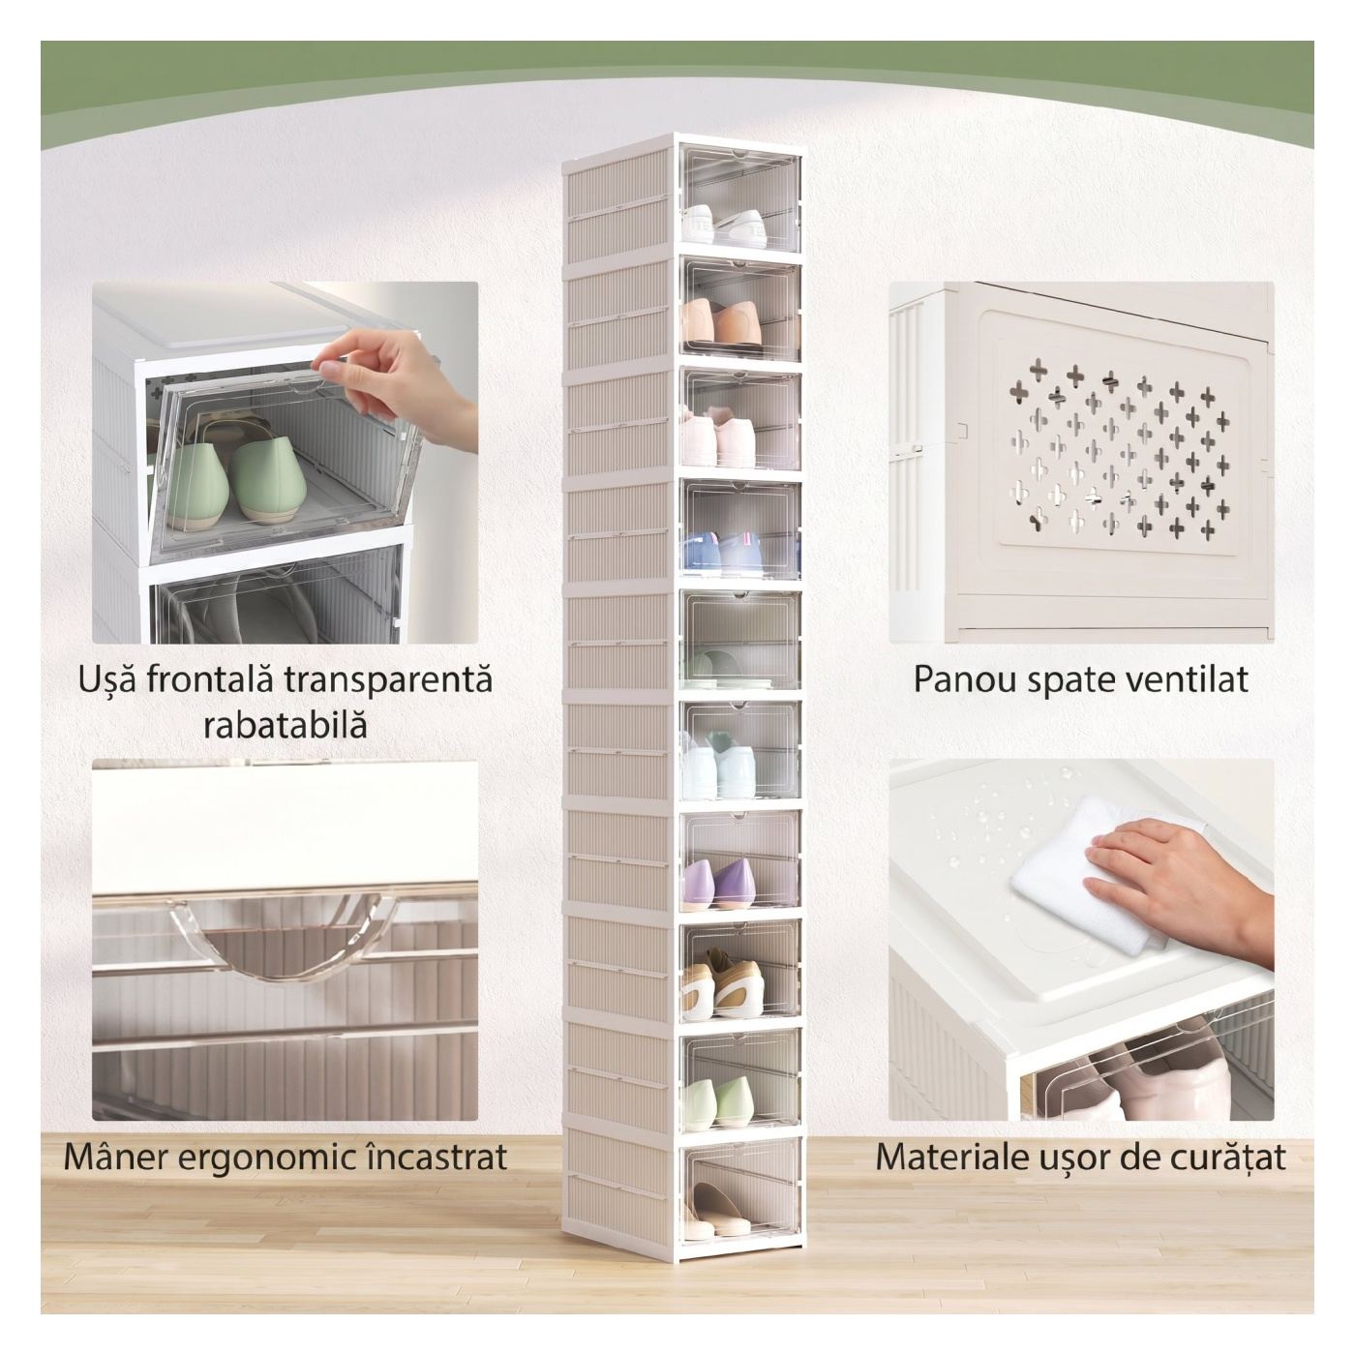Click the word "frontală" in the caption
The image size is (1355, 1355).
pyautogui.click(x=207, y=680)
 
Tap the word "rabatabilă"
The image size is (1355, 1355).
pyautogui.click(x=286, y=724)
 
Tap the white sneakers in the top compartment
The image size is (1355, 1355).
pyautogui.click(x=724, y=226)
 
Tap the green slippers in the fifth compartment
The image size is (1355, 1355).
pyautogui.click(x=711, y=667)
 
